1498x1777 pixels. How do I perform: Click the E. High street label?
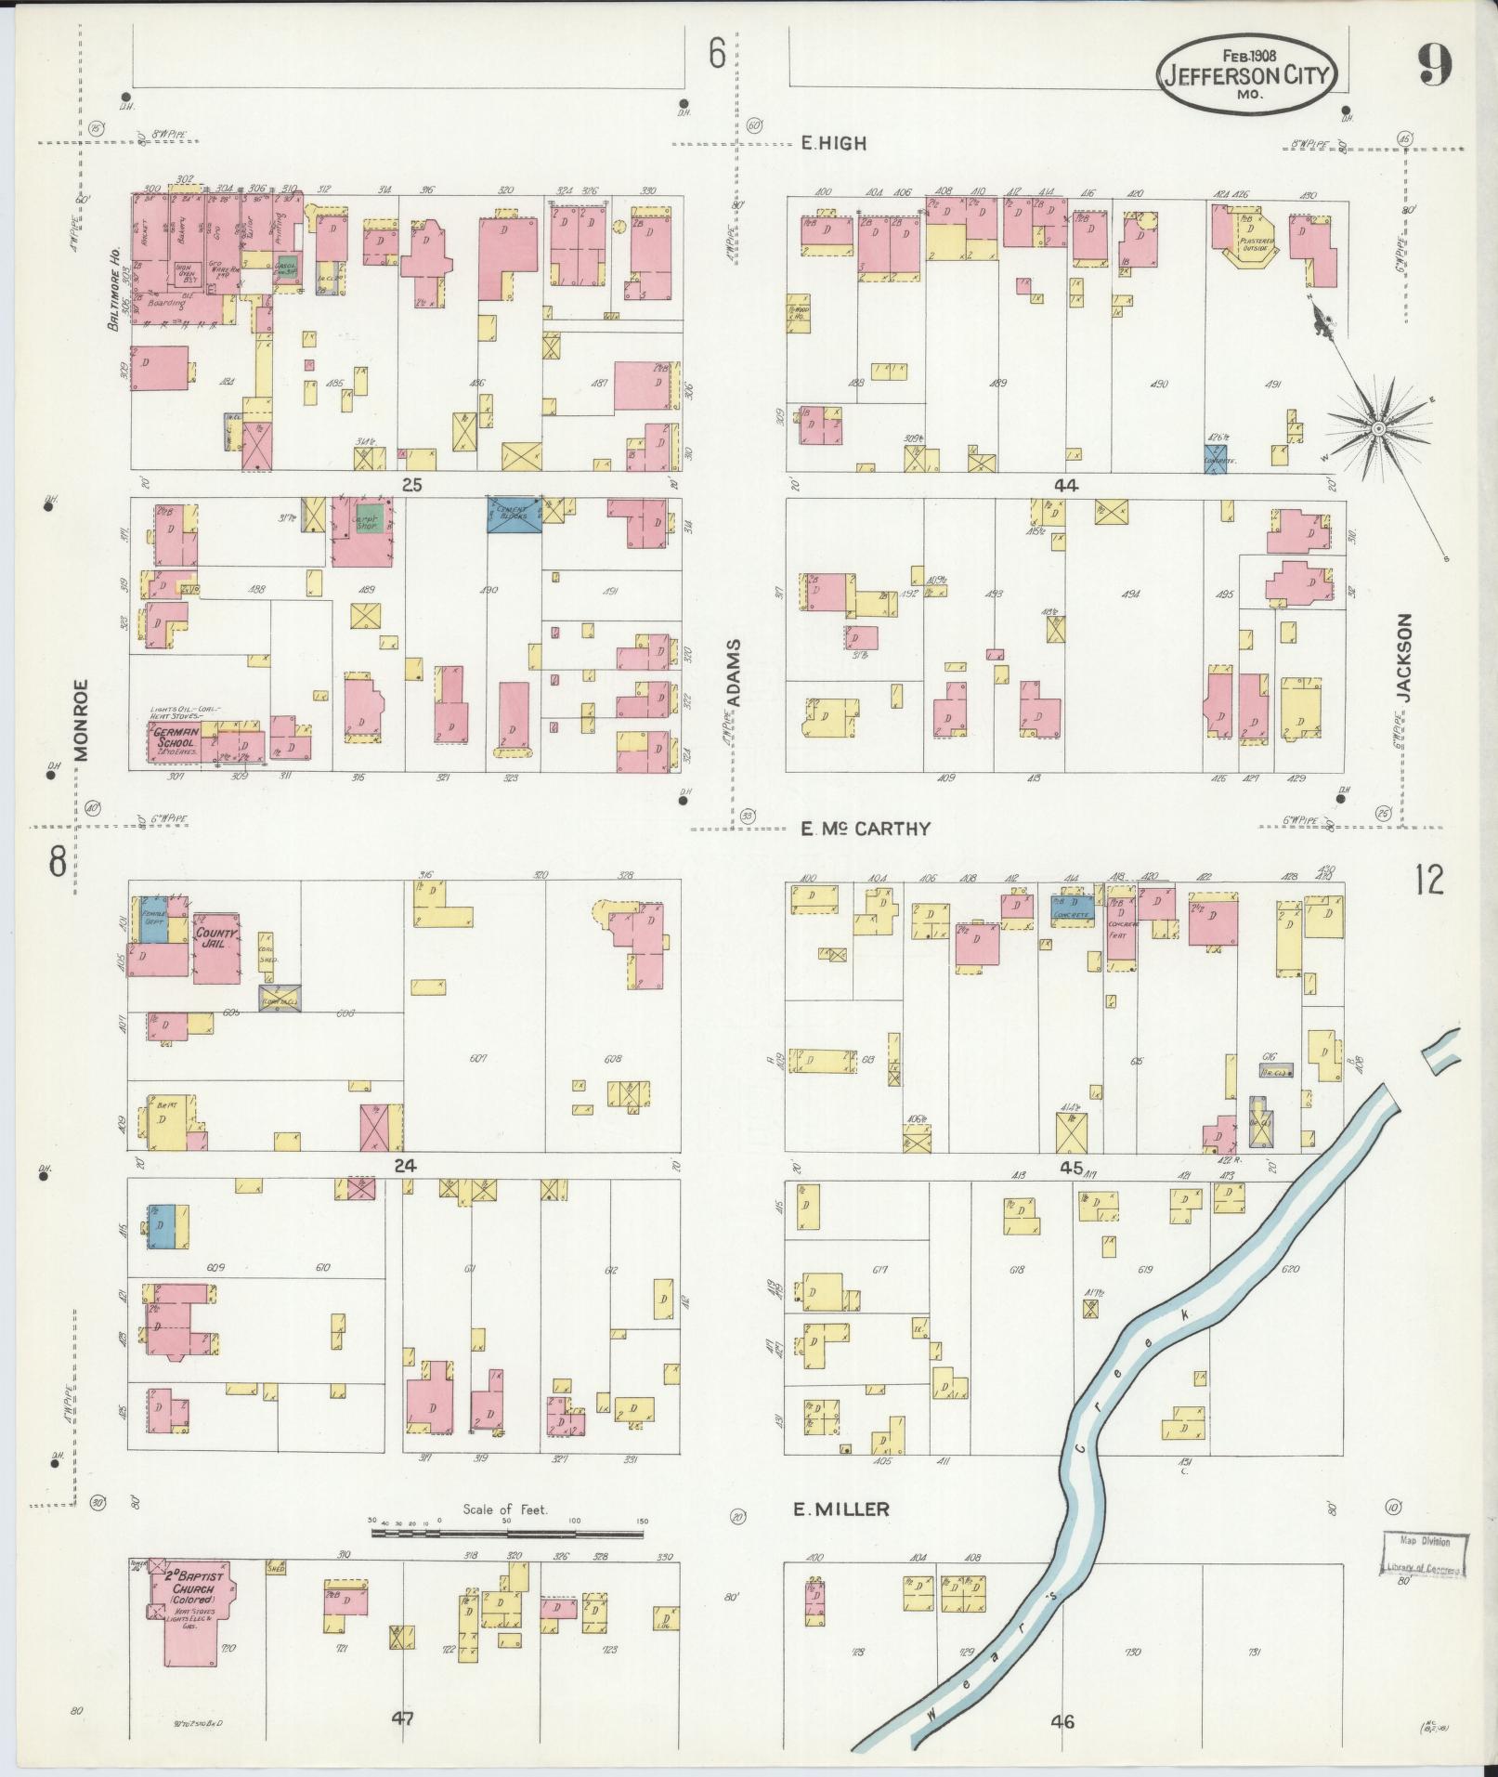pos(833,143)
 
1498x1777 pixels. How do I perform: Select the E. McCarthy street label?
pos(865,829)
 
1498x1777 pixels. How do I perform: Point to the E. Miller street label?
pos(840,1509)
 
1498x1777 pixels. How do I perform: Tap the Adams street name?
pos(734,673)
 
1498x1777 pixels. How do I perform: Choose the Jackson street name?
pos(1403,657)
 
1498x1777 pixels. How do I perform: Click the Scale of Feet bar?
pos(507,1533)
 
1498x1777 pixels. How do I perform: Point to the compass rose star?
pos(1378,428)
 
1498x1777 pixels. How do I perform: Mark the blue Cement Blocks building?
pos(514,514)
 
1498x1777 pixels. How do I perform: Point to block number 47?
pos(401,1718)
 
